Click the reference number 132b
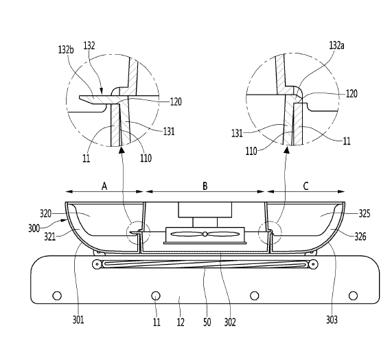66,49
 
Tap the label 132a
337,45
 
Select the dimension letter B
205,186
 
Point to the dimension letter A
104,186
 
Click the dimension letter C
305,186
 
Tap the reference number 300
34,228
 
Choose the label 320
46,214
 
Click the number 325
365,214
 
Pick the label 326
360,237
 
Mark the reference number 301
78,320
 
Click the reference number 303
332,320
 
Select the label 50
207,322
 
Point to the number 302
230,322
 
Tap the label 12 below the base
181,322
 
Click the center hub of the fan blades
205,235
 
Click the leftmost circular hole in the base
57,296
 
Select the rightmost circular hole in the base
353,296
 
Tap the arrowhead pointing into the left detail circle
122,149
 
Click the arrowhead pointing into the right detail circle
287,149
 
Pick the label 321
49,237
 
